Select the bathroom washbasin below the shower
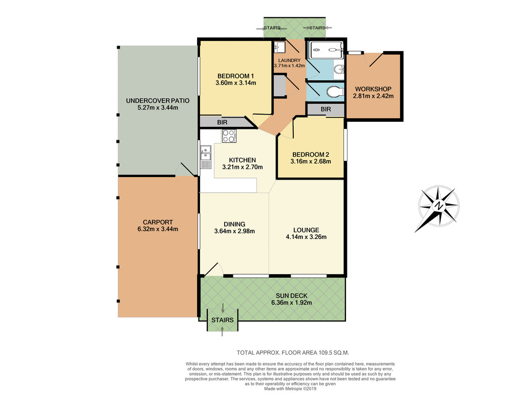338,70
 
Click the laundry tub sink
279,47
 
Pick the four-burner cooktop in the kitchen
229,136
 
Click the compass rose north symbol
438,207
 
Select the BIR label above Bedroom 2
325,110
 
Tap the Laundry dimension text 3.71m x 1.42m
289,65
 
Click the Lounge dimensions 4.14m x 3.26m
307,236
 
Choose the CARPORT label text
157,222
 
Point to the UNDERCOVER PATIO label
157,101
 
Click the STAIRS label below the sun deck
223,320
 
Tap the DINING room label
234,224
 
